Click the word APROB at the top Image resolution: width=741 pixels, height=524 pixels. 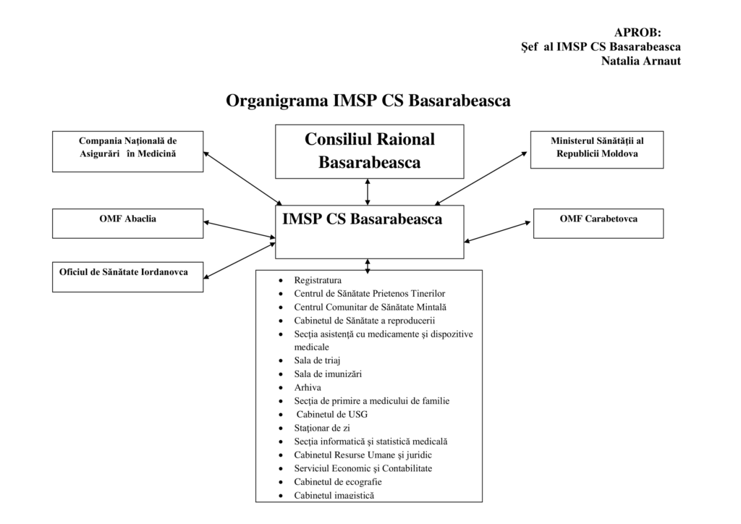point(638,32)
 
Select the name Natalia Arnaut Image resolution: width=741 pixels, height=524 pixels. point(640,61)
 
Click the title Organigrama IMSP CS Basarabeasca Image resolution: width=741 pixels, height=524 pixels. point(368,100)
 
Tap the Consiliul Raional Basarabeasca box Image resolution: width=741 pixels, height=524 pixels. point(369,151)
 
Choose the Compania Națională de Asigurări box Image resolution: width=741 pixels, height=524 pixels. point(127,151)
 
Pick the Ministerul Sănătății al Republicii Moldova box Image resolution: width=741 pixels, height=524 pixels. point(596,149)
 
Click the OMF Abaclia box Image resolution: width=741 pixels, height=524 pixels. point(127,223)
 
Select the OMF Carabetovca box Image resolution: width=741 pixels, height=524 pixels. point(598,223)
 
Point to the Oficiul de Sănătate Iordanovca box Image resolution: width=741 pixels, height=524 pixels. point(127,276)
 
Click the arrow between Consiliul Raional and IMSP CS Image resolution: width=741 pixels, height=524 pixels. point(368,192)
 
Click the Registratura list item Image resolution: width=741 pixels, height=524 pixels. point(318,280)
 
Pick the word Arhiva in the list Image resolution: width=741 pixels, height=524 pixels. point(308,387)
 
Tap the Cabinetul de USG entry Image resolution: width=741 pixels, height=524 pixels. point(332,414)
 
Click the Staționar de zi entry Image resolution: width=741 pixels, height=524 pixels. point(322,428)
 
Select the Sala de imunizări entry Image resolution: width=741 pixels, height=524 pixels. point(328,374)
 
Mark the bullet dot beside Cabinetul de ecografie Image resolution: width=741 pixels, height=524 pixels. point(281,482)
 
